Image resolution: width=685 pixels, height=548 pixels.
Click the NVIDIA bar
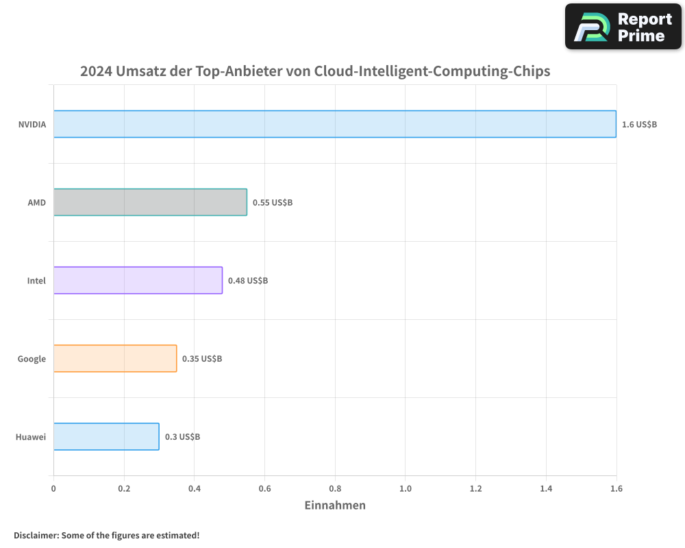coord(334,124)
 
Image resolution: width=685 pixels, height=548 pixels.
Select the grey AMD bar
coord(150,202)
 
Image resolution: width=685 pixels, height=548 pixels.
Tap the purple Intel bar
coord(138,280)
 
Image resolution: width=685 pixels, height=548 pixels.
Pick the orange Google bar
coord(115,358)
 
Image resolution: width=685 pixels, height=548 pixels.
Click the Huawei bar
coord(106,436)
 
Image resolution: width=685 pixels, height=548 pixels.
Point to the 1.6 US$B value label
coord(639,125)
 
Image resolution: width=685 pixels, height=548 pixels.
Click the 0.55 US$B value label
coord(273,203)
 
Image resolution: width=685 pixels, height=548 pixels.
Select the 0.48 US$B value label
coord(248,281)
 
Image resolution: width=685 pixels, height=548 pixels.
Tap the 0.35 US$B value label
coord(202,359)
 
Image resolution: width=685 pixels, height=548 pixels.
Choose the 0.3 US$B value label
coord(182,437)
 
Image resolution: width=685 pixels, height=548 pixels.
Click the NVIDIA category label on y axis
coord(32,125)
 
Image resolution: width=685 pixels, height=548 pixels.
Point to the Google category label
coord(32,359)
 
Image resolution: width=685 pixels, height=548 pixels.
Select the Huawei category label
coord(31,437)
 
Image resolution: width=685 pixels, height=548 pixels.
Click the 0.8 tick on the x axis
coord(335,489)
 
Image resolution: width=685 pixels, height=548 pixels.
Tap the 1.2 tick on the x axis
coord(475,489)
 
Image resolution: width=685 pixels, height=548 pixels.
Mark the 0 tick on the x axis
coord(53,489)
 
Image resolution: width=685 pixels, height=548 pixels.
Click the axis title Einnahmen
coord(334,506)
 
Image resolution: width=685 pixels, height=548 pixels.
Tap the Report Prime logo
coord(623,26)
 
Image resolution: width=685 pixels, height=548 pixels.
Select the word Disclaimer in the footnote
coord(36,536)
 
